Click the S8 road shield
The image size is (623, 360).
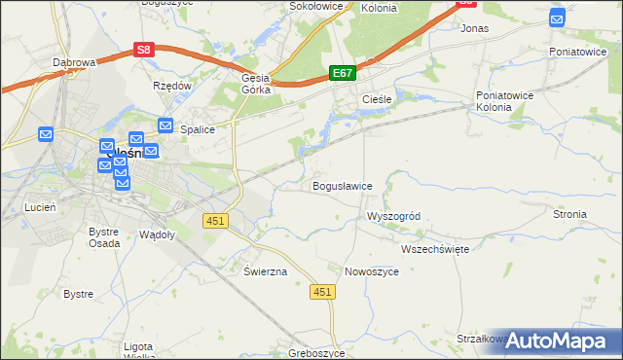tap(144, 50)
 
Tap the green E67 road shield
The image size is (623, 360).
tap(343, 73)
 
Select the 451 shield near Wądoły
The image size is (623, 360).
tap(215, 221)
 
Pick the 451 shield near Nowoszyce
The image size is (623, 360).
tap(323, 292)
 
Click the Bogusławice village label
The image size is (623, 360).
tap(342, 186)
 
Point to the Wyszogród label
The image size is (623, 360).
tap(392, 216)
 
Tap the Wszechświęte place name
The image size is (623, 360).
tap(435, 249)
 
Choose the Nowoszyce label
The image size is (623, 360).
tap(372, 271)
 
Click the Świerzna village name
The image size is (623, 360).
tap(266, 271)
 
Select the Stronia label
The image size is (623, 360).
tap(569, 214)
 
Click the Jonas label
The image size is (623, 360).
tap(474, 29)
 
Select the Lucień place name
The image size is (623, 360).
tap(40, 207)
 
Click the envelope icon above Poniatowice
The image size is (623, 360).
tap(557, 18)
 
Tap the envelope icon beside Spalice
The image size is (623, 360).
tap(165, 126)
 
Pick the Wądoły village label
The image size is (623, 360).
tap(157, 234)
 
